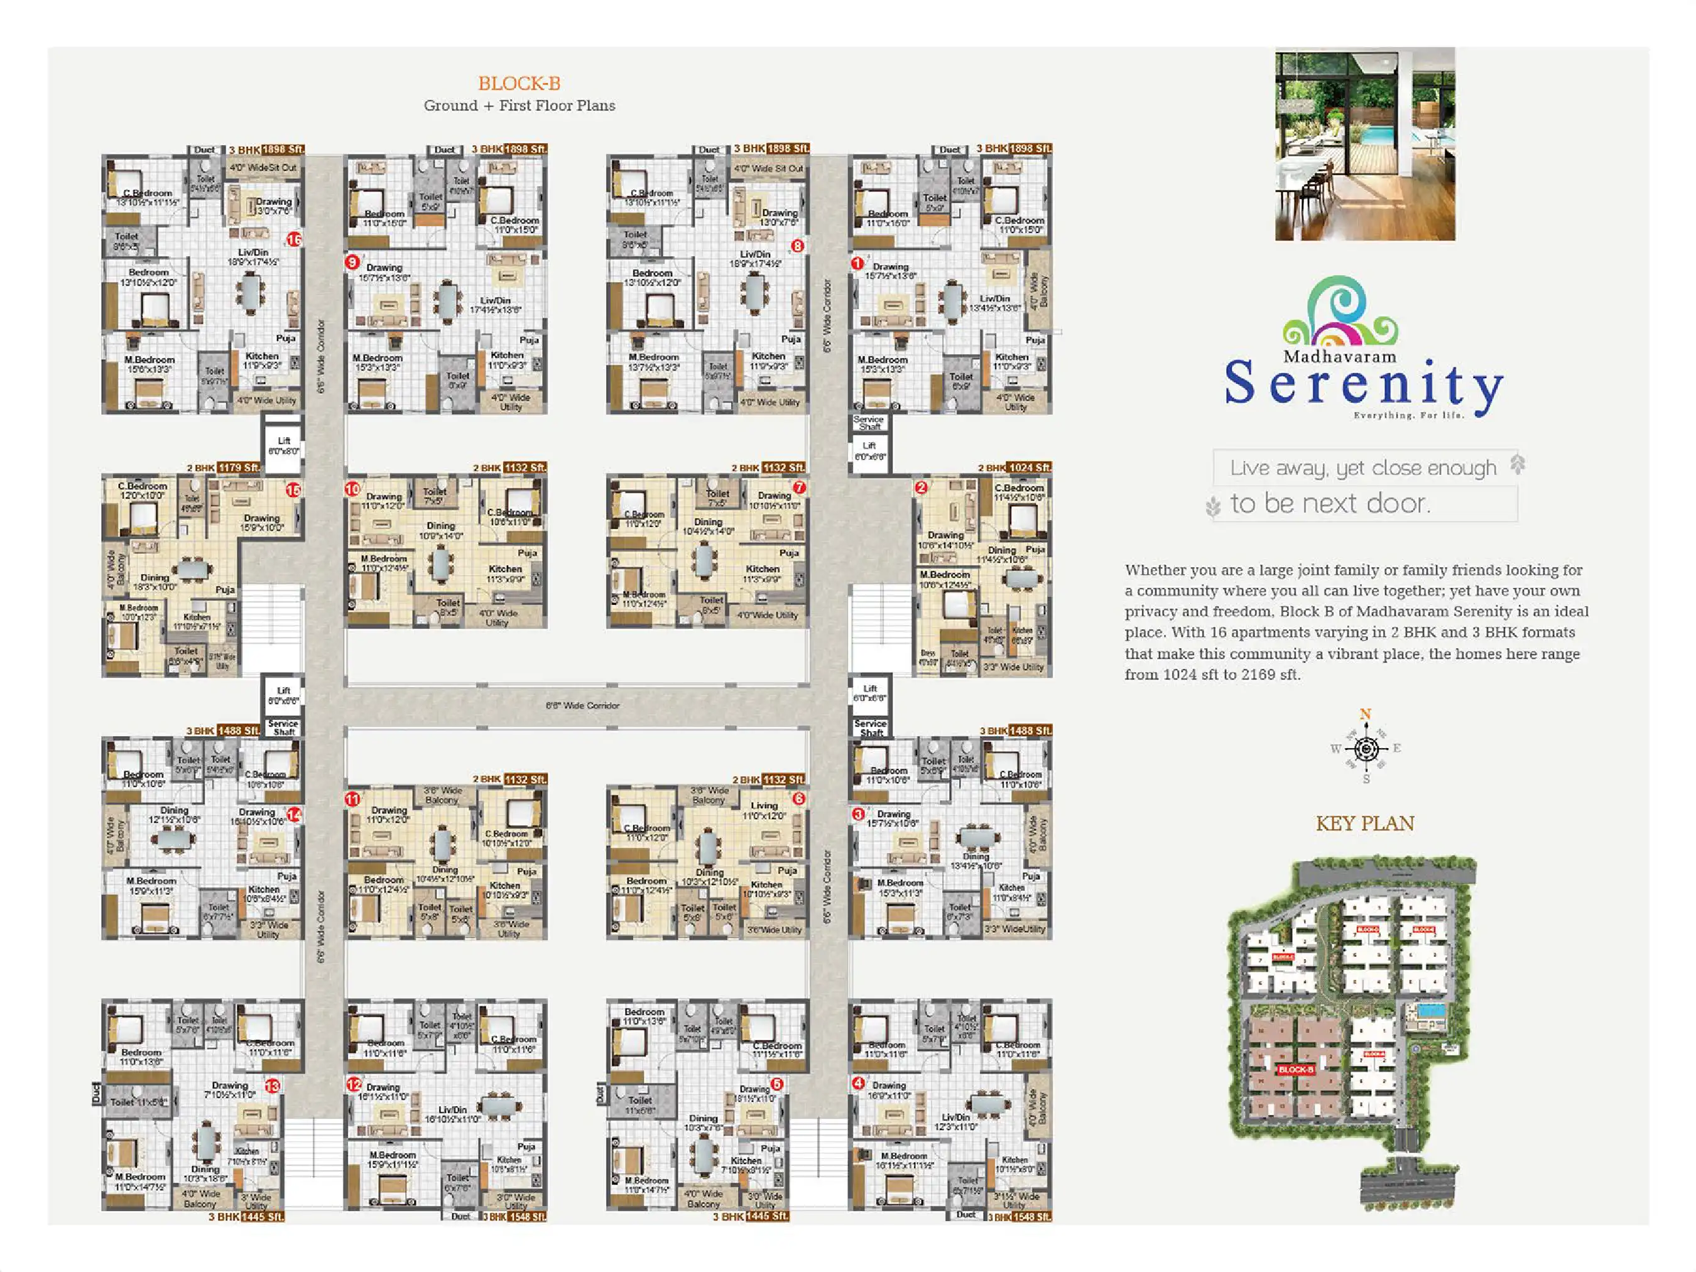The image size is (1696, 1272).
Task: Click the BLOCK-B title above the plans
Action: point(519,83)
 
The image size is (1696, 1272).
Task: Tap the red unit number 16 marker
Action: point(293,239)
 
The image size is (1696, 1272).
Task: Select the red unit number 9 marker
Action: point(352,262)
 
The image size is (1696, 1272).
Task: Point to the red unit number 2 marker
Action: point(921,487)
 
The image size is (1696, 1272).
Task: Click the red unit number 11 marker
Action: point(352,799)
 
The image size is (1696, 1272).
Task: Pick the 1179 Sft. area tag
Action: point(239,468)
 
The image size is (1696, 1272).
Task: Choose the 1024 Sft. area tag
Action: point(1030,468)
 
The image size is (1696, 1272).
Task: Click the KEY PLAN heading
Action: point(1365,824)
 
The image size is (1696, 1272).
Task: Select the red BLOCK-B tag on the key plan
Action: point(1296,1070)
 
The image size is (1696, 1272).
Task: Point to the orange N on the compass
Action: point(1366,714)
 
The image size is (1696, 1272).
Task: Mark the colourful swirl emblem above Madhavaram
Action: point(1340,312)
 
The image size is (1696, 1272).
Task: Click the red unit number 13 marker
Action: point(272,1085)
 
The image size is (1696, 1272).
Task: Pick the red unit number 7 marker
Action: point(799,487)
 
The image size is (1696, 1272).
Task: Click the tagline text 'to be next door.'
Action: point(1330,504)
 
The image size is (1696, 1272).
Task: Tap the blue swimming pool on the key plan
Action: point(1431,1010)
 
